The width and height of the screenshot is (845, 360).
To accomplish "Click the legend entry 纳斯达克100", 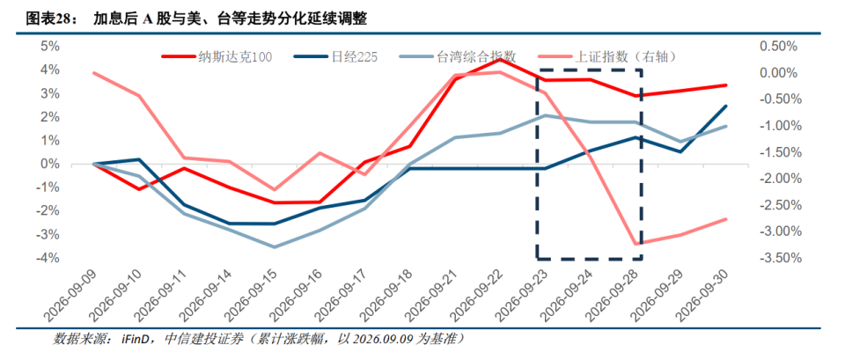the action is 217,56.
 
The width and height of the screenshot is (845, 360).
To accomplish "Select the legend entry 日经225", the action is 335,56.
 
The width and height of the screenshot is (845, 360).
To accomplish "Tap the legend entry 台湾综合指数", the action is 458,56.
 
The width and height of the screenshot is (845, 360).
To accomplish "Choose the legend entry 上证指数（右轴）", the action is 606,56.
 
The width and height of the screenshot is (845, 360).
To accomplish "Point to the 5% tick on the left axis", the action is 51,47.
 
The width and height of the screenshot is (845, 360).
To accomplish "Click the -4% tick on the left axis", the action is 49,258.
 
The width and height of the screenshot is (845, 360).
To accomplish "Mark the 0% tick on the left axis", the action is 51,165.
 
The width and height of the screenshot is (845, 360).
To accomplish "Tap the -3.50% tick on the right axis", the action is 775,258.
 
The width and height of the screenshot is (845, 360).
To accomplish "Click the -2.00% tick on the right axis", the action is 775,179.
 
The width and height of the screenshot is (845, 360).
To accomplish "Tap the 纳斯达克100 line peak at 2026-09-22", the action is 500,59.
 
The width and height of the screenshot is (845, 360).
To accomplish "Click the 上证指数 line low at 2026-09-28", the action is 636,244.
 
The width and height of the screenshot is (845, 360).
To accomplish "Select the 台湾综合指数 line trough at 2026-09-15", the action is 275,247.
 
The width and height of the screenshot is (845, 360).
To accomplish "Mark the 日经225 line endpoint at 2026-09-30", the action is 726,107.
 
